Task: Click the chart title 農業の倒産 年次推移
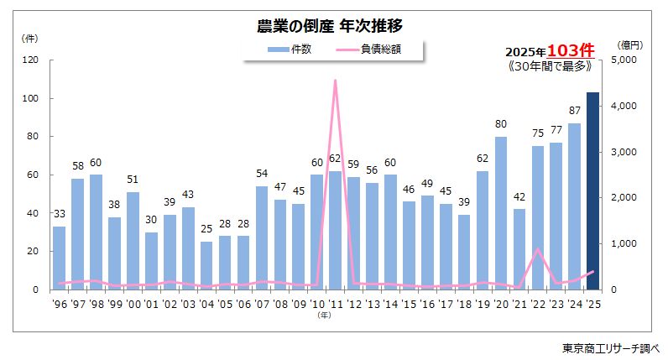333,26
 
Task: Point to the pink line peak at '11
336,81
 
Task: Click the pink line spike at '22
538,249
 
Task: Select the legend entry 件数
290,50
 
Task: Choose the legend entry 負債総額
368,50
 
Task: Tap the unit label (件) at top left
29,39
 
